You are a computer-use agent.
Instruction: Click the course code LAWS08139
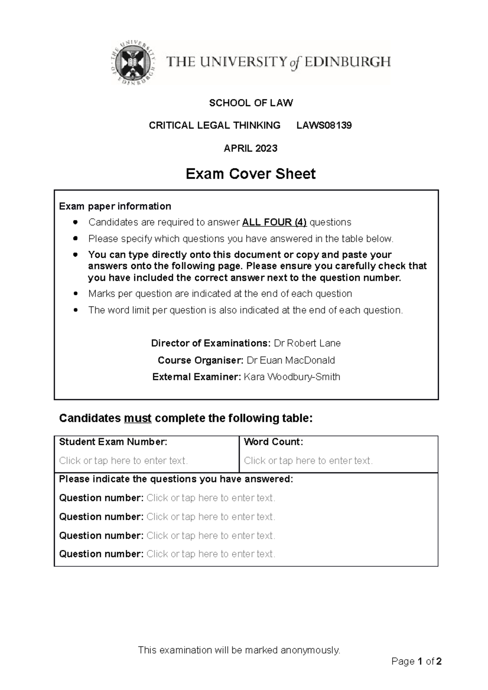324,126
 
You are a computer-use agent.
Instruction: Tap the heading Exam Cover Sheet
251,174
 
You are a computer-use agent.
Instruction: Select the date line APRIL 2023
251,148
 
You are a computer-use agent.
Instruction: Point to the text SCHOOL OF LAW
251,103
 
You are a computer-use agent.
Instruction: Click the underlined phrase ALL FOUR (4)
274,222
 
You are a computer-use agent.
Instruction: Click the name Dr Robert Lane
307,343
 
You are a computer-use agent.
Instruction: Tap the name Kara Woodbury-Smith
292,377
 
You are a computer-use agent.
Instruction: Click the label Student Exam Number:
113,442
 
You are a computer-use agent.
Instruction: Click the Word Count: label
273,442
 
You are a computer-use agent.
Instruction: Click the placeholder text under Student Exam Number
123,461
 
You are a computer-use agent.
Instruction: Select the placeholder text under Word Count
308,461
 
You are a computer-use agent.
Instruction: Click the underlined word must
138,418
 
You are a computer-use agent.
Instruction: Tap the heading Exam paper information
115,206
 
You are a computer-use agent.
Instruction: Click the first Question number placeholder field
211,498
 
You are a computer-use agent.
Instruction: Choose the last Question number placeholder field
211,554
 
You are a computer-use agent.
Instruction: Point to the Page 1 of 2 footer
416,662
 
